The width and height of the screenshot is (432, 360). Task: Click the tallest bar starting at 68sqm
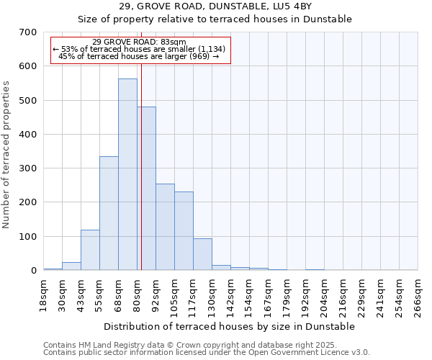(127, 174)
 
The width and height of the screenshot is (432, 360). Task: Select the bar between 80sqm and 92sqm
(146, 189)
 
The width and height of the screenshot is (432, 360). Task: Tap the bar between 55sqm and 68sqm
(109, 213)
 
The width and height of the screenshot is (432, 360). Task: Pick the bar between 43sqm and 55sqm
(90, 250)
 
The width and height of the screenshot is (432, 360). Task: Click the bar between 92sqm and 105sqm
(165, 227)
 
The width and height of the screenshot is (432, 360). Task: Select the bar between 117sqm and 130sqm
(202, 254)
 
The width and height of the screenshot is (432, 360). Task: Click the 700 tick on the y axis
(28, 32)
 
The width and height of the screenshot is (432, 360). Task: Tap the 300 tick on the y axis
(28, 168)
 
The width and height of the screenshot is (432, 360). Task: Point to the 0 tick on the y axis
(33, 271)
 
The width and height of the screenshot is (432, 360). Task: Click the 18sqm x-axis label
(43, 294)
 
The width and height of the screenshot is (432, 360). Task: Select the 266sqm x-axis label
(418, 294)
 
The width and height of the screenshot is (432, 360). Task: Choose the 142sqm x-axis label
(230, 294)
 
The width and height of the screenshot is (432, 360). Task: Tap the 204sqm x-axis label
(324, 294)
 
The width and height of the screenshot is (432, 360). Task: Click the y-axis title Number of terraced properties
(6, 155)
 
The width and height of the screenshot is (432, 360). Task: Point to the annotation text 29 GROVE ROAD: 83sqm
(139, 42)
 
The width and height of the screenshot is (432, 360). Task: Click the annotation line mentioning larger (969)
(139, 56)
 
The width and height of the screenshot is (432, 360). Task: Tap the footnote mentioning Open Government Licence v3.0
(207, 353)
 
